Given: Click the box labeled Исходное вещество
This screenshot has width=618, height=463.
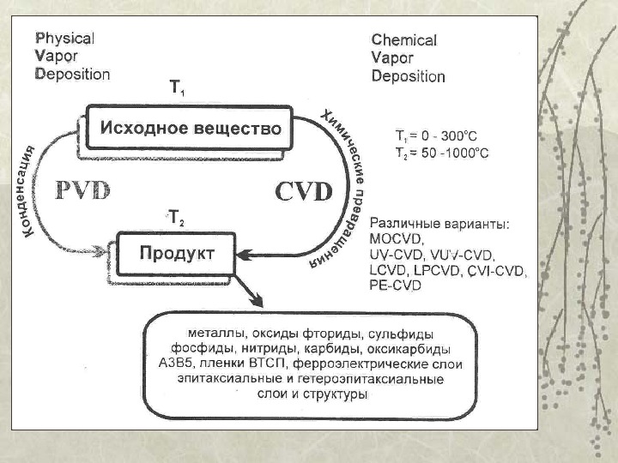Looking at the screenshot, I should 191,129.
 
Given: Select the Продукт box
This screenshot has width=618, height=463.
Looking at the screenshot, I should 176,253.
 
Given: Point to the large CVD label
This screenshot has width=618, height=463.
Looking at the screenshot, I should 303,191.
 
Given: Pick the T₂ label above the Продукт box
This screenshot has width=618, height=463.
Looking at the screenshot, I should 175,219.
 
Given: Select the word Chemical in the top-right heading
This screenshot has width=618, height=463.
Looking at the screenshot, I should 403,39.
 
